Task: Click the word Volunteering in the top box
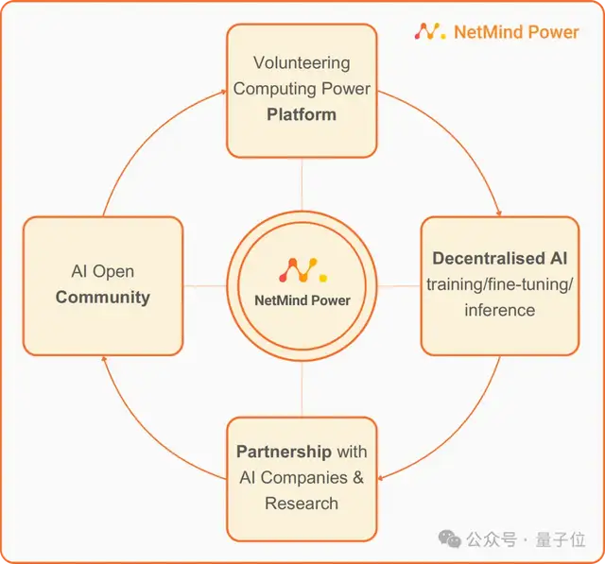click(x=302, y=63)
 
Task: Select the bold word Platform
click(x=302, y=113)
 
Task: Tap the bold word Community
click(x=102, y=297)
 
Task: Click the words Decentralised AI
click(x=499, y=258)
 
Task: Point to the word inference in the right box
click(x=499, y=310)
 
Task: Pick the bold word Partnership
click(x=284, y=452)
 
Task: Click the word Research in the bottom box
click(x=302, y=503)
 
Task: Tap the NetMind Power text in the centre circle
click(x=302, y=300)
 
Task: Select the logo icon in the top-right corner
click(x=429, y=31)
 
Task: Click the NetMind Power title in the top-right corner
click(x=516, y=31)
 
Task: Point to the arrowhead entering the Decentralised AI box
click(x=498, y=211)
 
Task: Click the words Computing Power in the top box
click(x=302, y=89)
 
